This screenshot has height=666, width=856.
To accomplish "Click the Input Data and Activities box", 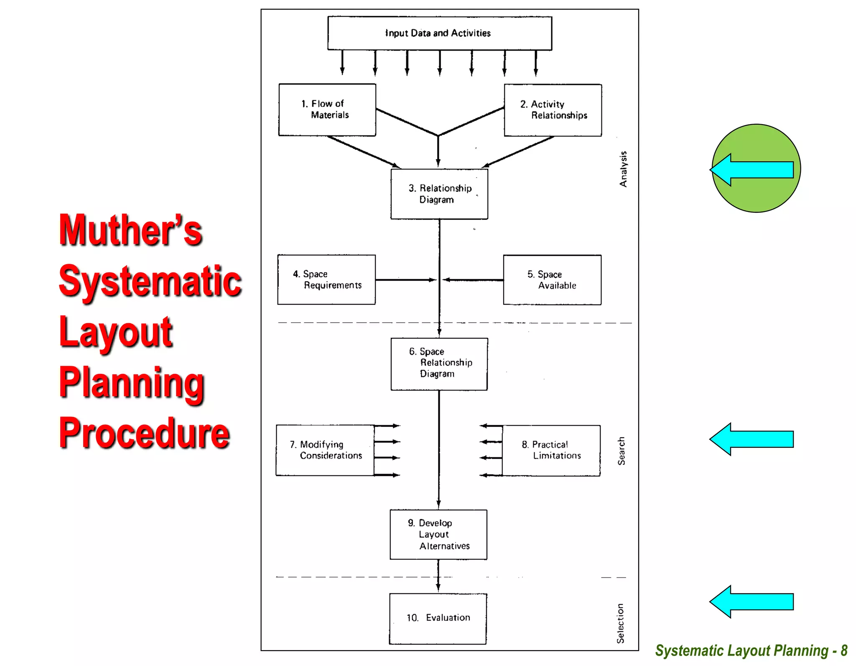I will click(439, 33).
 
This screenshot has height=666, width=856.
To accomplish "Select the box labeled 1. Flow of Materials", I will click(327, 110).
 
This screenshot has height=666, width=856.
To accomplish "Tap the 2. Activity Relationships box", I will click(553, 110).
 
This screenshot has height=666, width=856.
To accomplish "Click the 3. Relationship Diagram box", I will click(439, 194).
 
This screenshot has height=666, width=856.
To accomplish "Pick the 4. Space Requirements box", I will click(326, 280).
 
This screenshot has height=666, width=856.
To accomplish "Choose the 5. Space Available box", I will click(552, 280).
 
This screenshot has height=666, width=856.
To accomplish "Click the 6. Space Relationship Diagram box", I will click(439, 364).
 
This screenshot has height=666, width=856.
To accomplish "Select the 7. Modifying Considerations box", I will click(325, 450).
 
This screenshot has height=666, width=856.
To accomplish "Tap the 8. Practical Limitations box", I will click(551, 450).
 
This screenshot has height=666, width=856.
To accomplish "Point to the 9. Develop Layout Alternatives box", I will click(438, 534).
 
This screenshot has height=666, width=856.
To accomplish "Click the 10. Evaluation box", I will click(438, 618).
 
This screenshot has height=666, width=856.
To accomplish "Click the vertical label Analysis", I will click(623, 169).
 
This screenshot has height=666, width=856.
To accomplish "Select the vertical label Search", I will click(621, 451).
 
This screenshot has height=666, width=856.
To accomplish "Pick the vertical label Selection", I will click(620, 623).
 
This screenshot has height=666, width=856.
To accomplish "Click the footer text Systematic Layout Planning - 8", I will click(751, 651).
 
